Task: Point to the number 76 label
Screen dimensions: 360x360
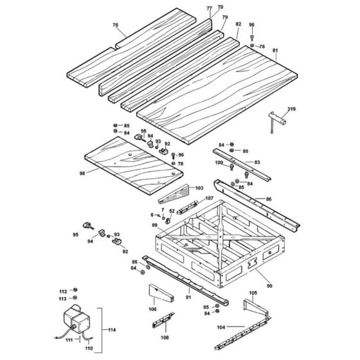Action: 116,25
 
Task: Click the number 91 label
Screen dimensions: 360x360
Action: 188,297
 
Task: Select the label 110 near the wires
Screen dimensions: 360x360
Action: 89,350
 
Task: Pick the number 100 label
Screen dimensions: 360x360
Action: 219,164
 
